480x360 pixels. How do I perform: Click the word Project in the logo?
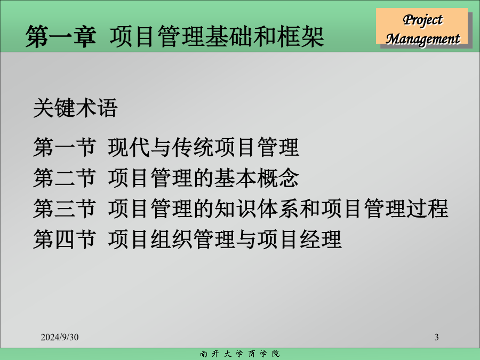click(422, 20)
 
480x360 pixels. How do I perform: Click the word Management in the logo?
click(422, 39)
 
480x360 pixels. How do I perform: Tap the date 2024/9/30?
click(60, 337)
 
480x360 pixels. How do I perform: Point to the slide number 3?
click(436, 337)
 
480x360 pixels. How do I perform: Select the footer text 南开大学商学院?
click(239, 354)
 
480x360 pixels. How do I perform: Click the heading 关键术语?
click(75, 108)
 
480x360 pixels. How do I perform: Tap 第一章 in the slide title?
click(61, 37)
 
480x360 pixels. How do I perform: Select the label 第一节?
click(65, 147)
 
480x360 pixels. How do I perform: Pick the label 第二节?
click(65, 178)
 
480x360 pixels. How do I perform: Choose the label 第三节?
click(65, 209)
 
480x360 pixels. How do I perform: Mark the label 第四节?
click(65, 239)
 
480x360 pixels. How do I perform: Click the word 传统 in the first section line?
click(193, 147)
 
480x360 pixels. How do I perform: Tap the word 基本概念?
click(257, 178)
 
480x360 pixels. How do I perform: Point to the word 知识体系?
click(257, 209)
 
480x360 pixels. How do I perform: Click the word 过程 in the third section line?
click(427, 209)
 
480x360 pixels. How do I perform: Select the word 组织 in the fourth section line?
click(171, 239)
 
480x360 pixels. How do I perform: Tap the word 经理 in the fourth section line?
click(321, 239)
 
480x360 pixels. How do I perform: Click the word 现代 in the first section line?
click(129, 147)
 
